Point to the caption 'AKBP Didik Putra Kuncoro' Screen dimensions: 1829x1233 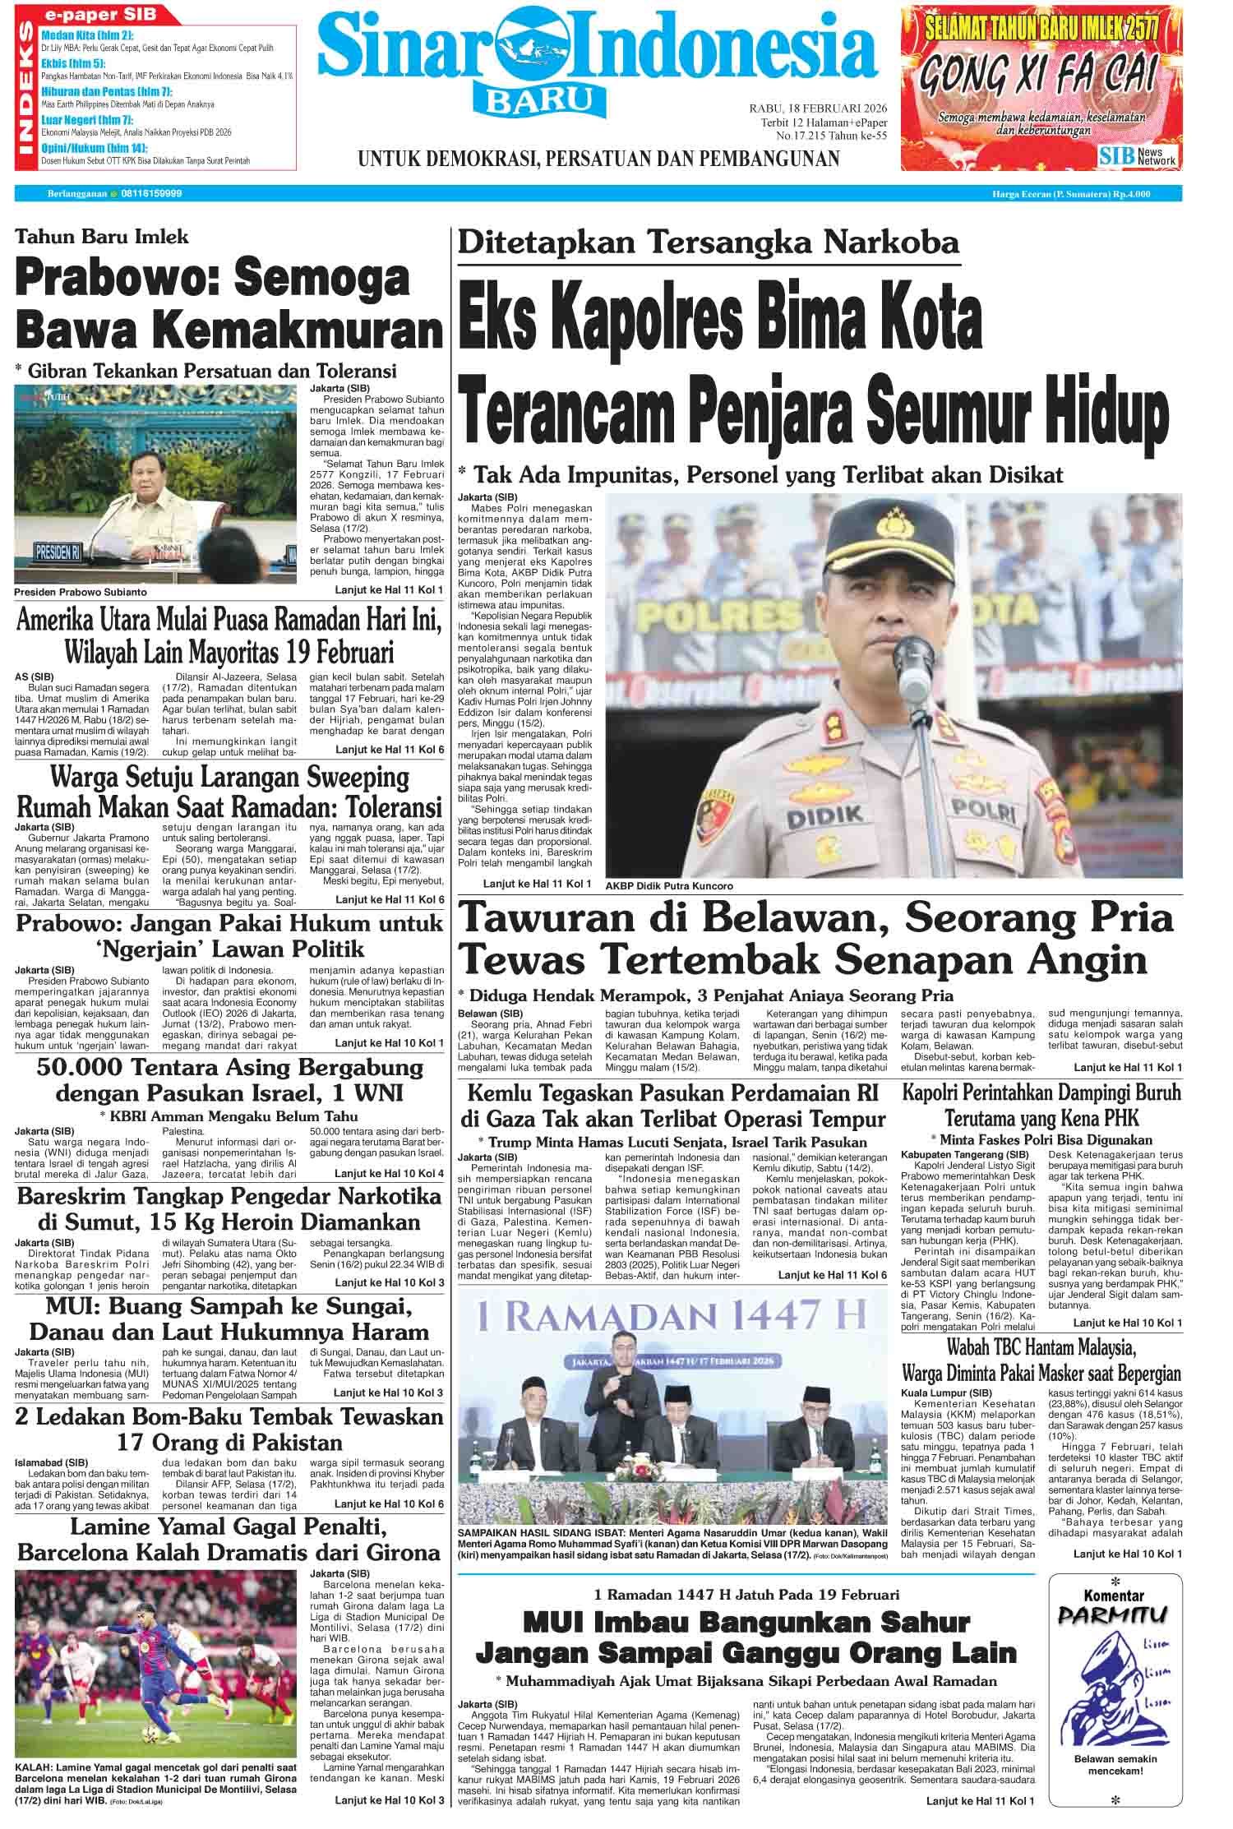point(667,886)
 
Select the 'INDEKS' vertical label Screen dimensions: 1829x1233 point(27,89)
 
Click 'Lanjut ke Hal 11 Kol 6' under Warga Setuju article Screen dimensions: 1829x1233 point(390,900)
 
